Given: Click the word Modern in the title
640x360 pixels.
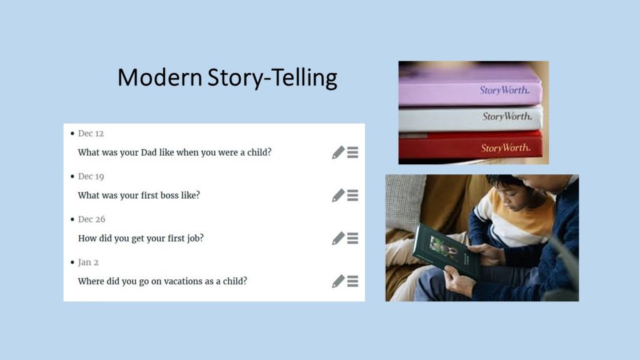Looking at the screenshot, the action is coord(159,77).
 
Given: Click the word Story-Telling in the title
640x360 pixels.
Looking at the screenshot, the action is coord(272,77).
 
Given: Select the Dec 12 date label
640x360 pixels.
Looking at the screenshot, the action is coord(91,134).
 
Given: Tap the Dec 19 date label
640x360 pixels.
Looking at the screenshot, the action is coord(91,176).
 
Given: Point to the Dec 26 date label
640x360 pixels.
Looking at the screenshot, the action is coord(91,219).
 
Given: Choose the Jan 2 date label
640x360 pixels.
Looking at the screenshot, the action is coord(88,262).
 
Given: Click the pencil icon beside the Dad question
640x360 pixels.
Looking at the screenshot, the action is coord(338,152).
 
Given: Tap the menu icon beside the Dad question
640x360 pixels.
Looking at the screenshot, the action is coord(352,152).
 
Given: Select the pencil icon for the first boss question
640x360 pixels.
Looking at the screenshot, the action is coord(338,195).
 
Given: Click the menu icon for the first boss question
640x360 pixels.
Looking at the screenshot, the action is coord(352,195).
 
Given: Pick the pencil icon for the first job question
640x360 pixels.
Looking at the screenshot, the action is coord(338,238).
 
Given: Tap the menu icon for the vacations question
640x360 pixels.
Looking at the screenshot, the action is coord(352,281).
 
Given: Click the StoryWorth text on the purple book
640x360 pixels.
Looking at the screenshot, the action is coord(504,90).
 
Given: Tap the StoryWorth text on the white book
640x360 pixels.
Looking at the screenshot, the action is coord(507,116).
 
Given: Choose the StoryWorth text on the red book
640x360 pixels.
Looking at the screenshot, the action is coord(506,147).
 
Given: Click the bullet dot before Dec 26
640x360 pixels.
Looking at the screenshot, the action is coord(72,219).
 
